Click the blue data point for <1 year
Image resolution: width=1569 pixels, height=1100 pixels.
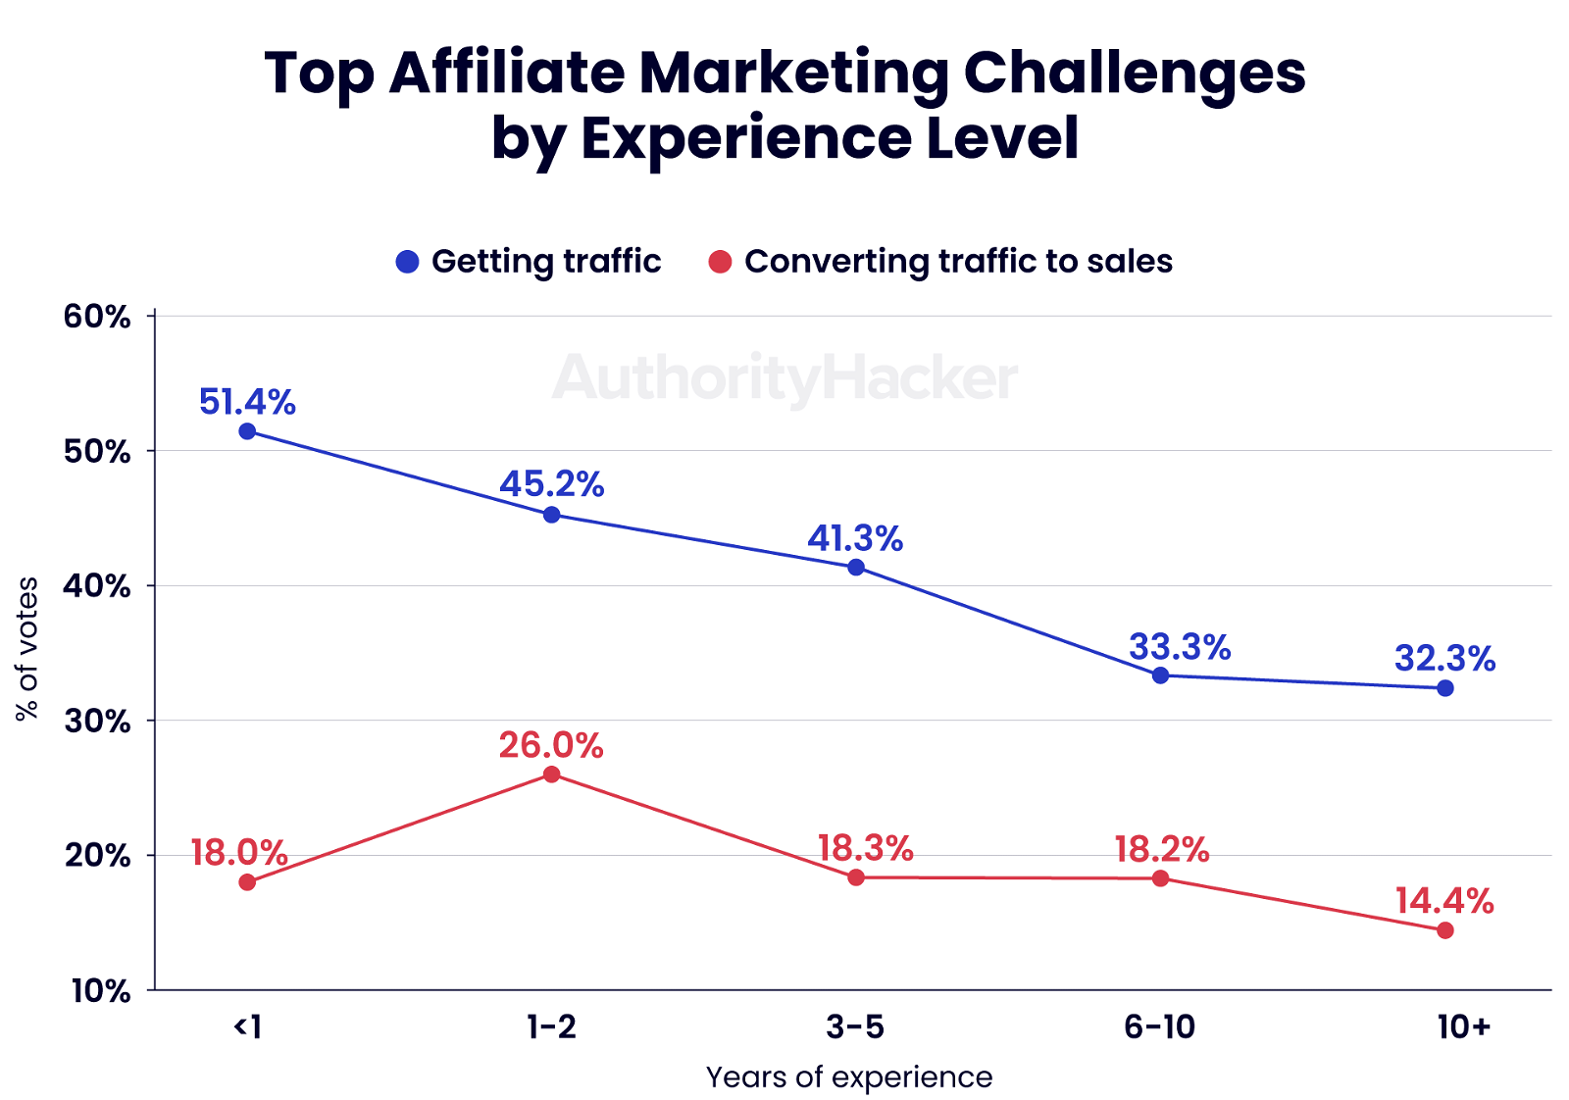coord(247,431)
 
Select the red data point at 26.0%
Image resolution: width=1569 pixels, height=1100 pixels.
coord(551,775)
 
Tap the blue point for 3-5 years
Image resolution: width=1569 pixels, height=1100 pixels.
coord(856,567)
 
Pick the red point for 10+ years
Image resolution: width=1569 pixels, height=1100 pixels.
coord(1444,930)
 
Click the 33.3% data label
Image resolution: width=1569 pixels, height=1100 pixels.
coord(1180,647)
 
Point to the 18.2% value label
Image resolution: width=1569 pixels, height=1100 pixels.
coord(1161,849)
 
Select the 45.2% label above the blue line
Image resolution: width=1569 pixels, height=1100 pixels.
coord(552,484)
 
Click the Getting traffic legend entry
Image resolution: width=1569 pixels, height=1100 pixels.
coord(529,262)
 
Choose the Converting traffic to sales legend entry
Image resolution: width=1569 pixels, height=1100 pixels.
coord(940,262)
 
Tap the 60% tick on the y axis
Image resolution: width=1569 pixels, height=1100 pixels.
coord(97,317)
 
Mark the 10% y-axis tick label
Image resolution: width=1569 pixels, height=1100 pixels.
coord(100,991)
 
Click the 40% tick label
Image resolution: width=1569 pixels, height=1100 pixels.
coord(97,586)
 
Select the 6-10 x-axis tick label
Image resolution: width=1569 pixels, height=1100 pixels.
coord(1160,1026)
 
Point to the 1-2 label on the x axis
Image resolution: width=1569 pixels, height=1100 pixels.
coord(551,1026)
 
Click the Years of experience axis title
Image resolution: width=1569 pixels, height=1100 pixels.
coord(849,1077)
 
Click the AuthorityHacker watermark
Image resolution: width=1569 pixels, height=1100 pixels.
coord(784,378)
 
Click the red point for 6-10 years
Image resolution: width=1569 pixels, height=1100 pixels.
coord(1160,878)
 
